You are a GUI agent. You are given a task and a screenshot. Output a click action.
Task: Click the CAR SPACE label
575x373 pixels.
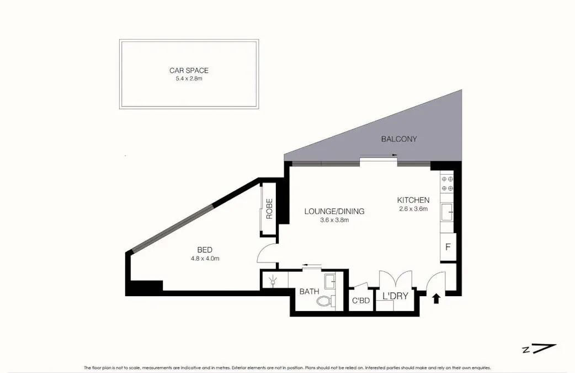click(189, 71)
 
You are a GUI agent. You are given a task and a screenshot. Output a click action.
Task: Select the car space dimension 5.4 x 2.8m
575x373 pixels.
click(189, 79)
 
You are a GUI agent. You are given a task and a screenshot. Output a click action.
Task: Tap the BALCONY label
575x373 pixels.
click(399, 139)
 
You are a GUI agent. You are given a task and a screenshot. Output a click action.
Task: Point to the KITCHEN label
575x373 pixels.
click(413, 200)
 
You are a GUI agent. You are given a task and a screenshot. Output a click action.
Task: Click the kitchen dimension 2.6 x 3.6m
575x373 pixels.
click(413, 209)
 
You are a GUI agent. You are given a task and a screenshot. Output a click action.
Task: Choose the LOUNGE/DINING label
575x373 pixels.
click(334, 211)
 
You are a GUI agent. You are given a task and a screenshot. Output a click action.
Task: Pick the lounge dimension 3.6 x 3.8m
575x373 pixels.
click(334, 220)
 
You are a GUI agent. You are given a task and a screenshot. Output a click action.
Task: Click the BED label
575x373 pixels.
click(205, 250)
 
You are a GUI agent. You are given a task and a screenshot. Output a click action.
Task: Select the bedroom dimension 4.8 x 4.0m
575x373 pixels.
click(205, 259)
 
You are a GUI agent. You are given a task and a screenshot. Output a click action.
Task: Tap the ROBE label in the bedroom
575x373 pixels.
click(269, 209)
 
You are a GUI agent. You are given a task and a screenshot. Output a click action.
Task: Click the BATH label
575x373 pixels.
click(309, 292)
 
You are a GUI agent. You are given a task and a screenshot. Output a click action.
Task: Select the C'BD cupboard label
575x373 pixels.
click(360, 301)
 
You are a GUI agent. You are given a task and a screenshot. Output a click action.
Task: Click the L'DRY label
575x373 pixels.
click(395, 296)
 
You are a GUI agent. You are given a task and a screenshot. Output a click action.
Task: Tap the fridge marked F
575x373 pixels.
click(447, 247)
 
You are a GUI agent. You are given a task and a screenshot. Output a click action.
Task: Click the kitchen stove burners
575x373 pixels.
click(446, 183)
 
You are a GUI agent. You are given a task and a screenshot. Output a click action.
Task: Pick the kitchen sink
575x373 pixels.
click(447, 211)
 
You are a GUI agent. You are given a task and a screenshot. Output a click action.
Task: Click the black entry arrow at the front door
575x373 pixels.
click(436, 298)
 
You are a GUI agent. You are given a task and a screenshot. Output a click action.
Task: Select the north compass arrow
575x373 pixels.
click(544, 349)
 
